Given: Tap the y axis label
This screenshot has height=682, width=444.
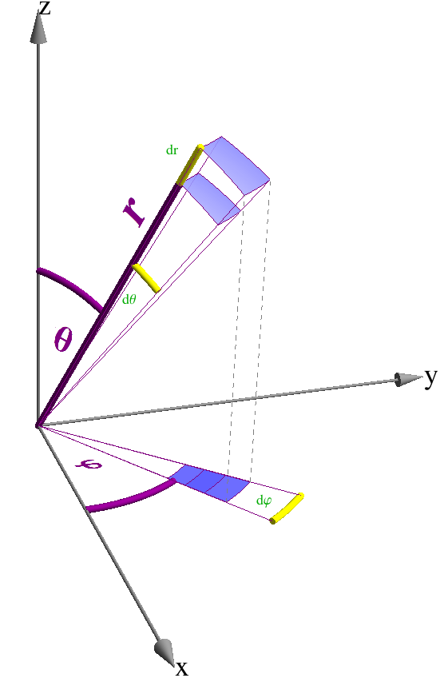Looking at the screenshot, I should [431, 376].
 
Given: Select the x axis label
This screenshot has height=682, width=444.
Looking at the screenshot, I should [182, 667].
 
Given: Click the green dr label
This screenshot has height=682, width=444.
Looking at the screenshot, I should [172, 150].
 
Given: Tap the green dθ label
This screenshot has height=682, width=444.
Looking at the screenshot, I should [129, 300].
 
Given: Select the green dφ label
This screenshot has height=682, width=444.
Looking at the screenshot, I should [264, 501].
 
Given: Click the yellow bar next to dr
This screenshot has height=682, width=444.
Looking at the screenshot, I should [190, 165].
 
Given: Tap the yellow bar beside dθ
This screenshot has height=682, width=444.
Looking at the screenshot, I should [147, 278].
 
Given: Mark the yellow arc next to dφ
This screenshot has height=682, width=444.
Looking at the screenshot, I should [287, 509].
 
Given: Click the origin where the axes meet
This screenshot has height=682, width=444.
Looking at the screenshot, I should [38, 425].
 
